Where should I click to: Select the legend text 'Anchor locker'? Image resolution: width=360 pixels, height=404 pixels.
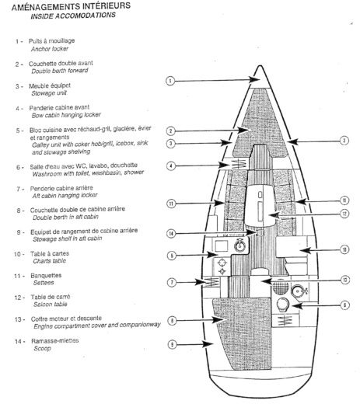pyautogui.click(x=51, y=48)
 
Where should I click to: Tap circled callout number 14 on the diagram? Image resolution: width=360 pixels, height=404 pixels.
pyautogui.click(x=170, y=232)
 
